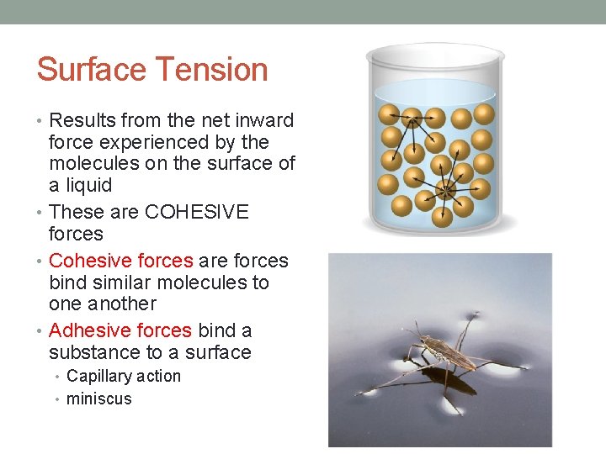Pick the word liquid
click(x=89, y=185)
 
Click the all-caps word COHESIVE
click(x=197, y=212)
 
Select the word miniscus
click(x=99, y=399)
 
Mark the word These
click(x=77, y=212)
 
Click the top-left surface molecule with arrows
click(x=389, y=114)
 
